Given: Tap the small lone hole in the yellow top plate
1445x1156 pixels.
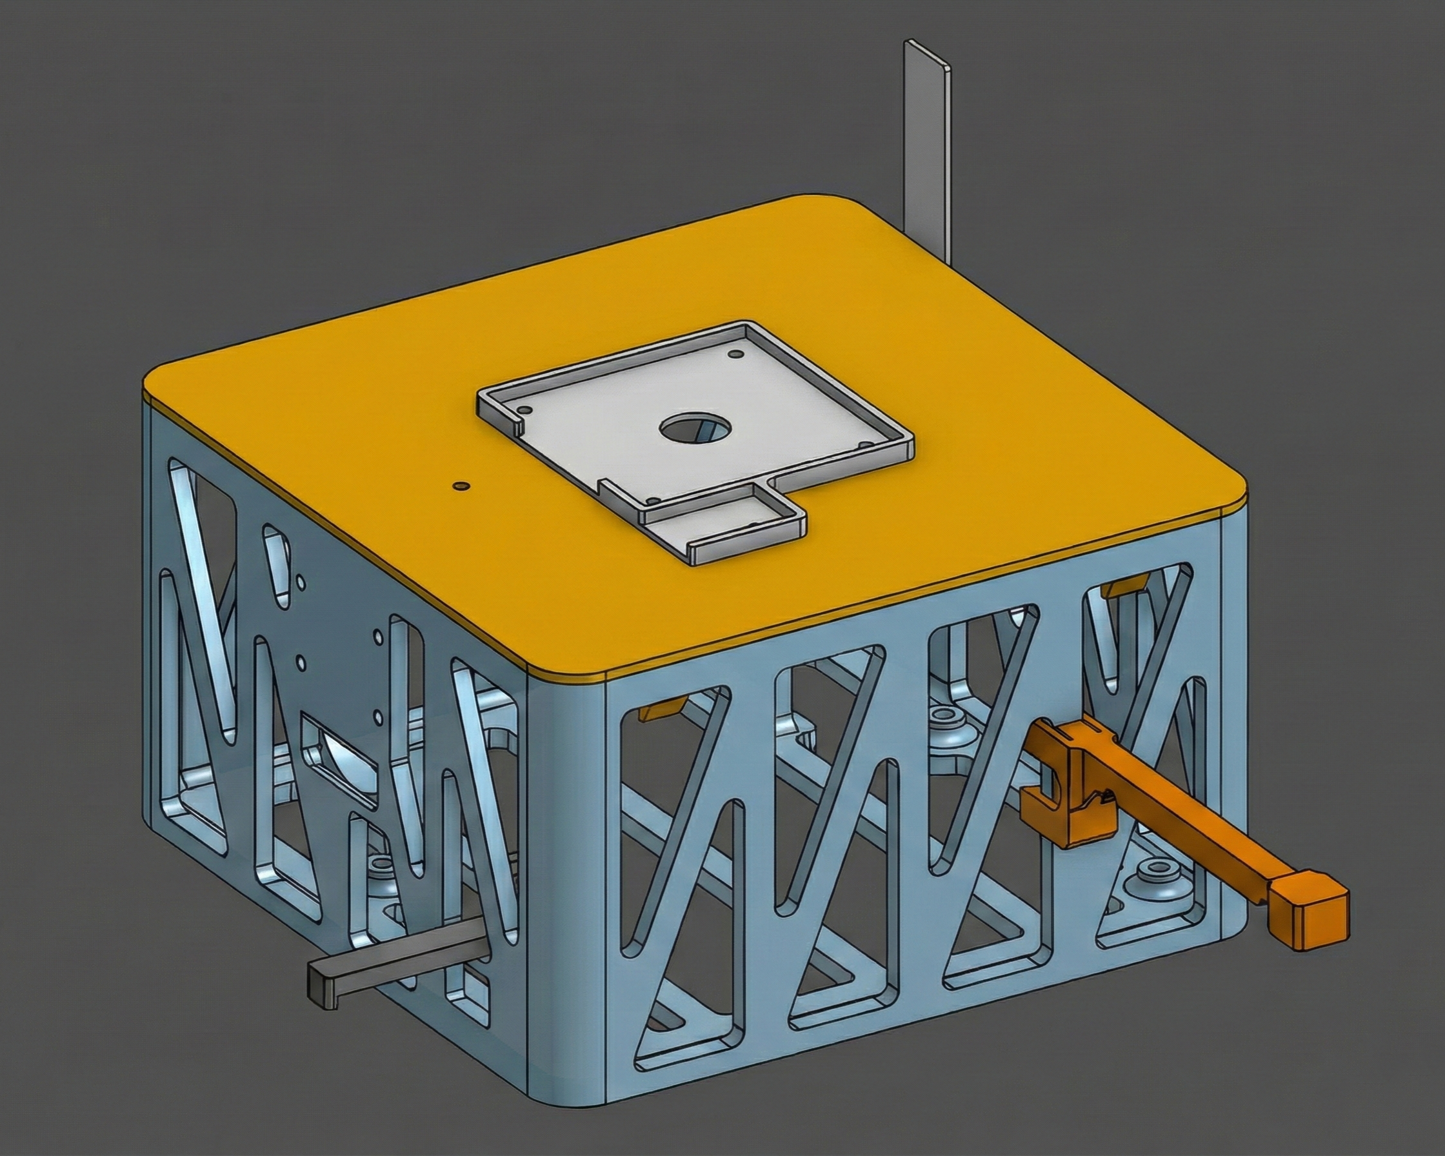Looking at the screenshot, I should [x=459, y=484].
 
